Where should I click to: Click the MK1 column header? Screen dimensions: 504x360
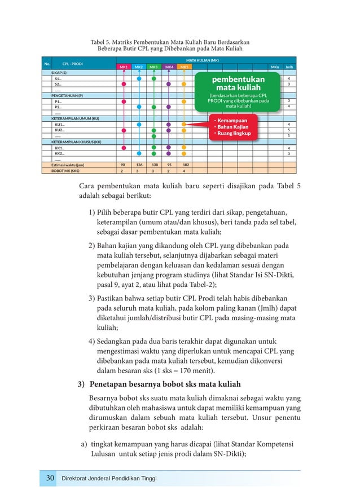pyautogui.click(x=123, y=67)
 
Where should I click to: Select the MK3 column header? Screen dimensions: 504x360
pyautogui.click(x=153, y=67)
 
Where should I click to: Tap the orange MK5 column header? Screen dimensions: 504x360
pyautogui.click(x=184, y=67)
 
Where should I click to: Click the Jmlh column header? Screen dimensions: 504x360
pyautogui.click(x=289, y=67)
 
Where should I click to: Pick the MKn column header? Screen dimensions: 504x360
pyautogui.click(x=275, y=67)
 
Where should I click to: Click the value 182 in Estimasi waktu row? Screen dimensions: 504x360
pyautogui.click(x=184, y=165)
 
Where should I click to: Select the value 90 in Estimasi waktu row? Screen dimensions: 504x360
pyautogui.click(x=123, y=165)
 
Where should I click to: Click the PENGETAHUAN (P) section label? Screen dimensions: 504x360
pyautogui.click(x=67, y=96)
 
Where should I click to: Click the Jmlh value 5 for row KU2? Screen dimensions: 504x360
pyautogui.click(x=289, y=130)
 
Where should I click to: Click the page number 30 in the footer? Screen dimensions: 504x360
pyautogui.click(x=50, y=479)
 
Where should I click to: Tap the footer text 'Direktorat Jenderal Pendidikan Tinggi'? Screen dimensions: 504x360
pyautogui.click(x=108, y=479)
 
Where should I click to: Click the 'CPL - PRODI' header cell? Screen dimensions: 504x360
pyautogui.click(x=73, y=64)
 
